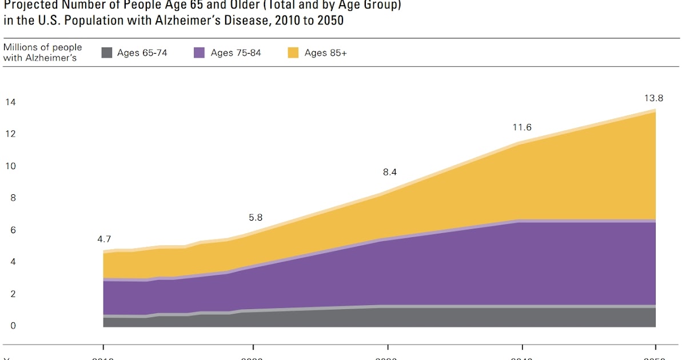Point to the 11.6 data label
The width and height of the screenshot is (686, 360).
(522, 128)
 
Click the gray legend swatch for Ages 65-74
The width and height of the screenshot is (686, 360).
(107, 53)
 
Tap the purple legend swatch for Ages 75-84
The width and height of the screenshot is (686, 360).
(200, 53)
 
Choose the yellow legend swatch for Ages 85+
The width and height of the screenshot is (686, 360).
(293, 53)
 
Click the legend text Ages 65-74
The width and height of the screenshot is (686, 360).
(142, 53)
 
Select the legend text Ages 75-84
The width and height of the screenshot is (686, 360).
(236, 53)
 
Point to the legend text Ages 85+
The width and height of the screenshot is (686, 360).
(326, 53)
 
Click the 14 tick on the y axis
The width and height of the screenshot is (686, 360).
(10, 102)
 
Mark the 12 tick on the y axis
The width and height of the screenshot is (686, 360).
(10, 134)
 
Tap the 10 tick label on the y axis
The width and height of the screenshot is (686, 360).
(10, 166)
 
